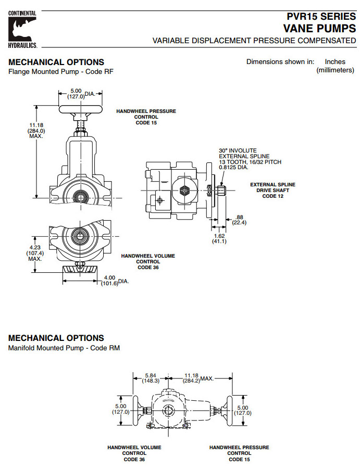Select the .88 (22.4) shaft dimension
coord(240,220)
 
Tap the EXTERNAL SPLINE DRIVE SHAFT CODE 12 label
coord(272,190)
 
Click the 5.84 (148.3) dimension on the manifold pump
coord(151,377)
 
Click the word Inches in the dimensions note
coord(334,62)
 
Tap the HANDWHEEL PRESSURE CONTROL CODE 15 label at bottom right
coord(239,453)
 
